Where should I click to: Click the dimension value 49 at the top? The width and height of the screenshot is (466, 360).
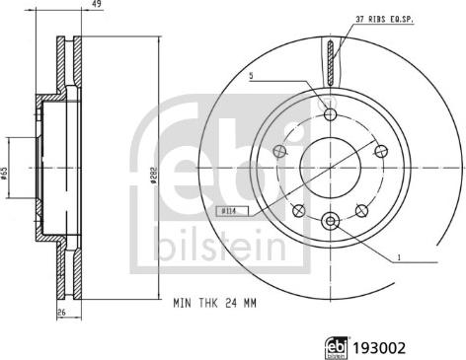click(x=96, y=5)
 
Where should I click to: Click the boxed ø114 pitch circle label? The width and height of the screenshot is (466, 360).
click(x=227, y=211)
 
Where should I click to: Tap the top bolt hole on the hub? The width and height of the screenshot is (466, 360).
click(x=330, y=114)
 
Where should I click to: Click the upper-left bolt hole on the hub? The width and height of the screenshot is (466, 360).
click(x=280, y=151)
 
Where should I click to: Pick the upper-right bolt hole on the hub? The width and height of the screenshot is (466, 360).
click(x=379, y=151)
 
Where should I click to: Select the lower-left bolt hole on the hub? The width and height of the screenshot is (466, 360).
click(x=299, y=208)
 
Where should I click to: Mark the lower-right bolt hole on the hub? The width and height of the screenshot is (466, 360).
click(x=360, y=208)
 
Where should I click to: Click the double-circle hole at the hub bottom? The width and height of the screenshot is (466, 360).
click(x=330, y=220)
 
